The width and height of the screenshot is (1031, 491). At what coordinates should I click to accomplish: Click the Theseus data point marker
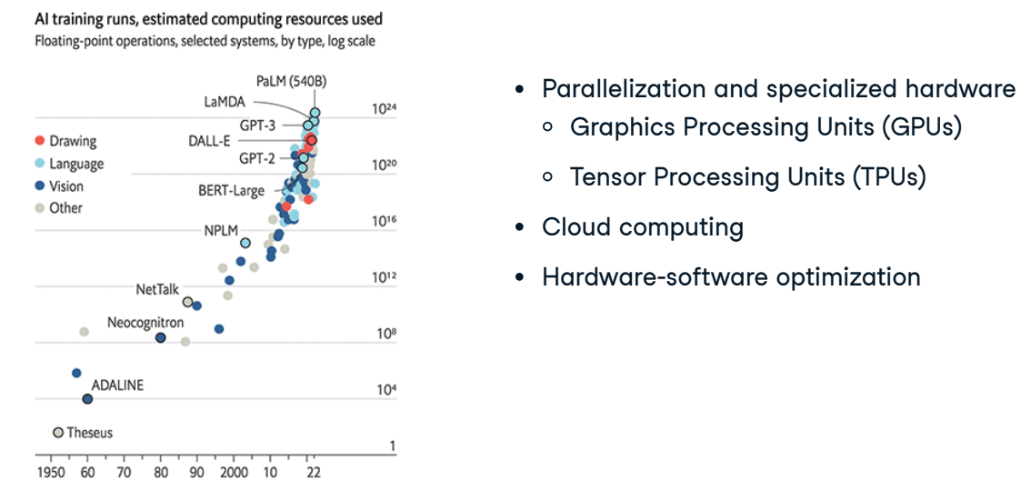pos(58,433)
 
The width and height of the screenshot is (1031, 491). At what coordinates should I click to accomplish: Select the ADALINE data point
pos(87,399)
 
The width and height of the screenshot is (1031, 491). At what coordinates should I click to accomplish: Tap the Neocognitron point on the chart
pos(160,338)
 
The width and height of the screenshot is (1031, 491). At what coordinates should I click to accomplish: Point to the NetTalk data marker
pos(188,302)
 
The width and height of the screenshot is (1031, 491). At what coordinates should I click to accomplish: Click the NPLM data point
pos(245,243)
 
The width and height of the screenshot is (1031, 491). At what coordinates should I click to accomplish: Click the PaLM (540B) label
pos(291,82)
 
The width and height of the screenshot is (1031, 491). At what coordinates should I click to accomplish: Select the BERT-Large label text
pos(232,191)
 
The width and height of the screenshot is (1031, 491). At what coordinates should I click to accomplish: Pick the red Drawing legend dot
pos(39,141)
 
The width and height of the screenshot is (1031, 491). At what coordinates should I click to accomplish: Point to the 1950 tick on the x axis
pos(51,473)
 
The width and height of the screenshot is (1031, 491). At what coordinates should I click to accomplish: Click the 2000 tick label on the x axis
pos(234,473)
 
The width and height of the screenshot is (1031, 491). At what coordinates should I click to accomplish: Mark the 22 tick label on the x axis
pos(314,473)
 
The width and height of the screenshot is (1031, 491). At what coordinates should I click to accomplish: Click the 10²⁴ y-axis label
pos(385,109)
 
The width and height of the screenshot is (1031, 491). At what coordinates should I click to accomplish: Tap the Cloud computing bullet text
pos(643,227)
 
